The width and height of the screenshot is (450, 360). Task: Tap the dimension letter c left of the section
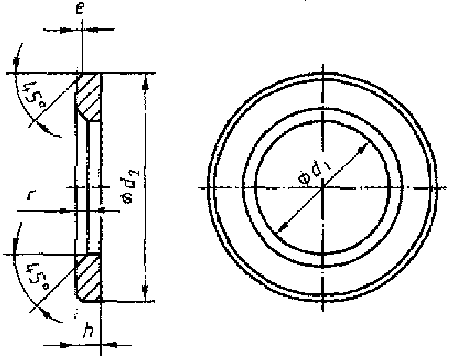pos(30,196)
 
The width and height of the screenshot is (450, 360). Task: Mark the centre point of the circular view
pos(323,188)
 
